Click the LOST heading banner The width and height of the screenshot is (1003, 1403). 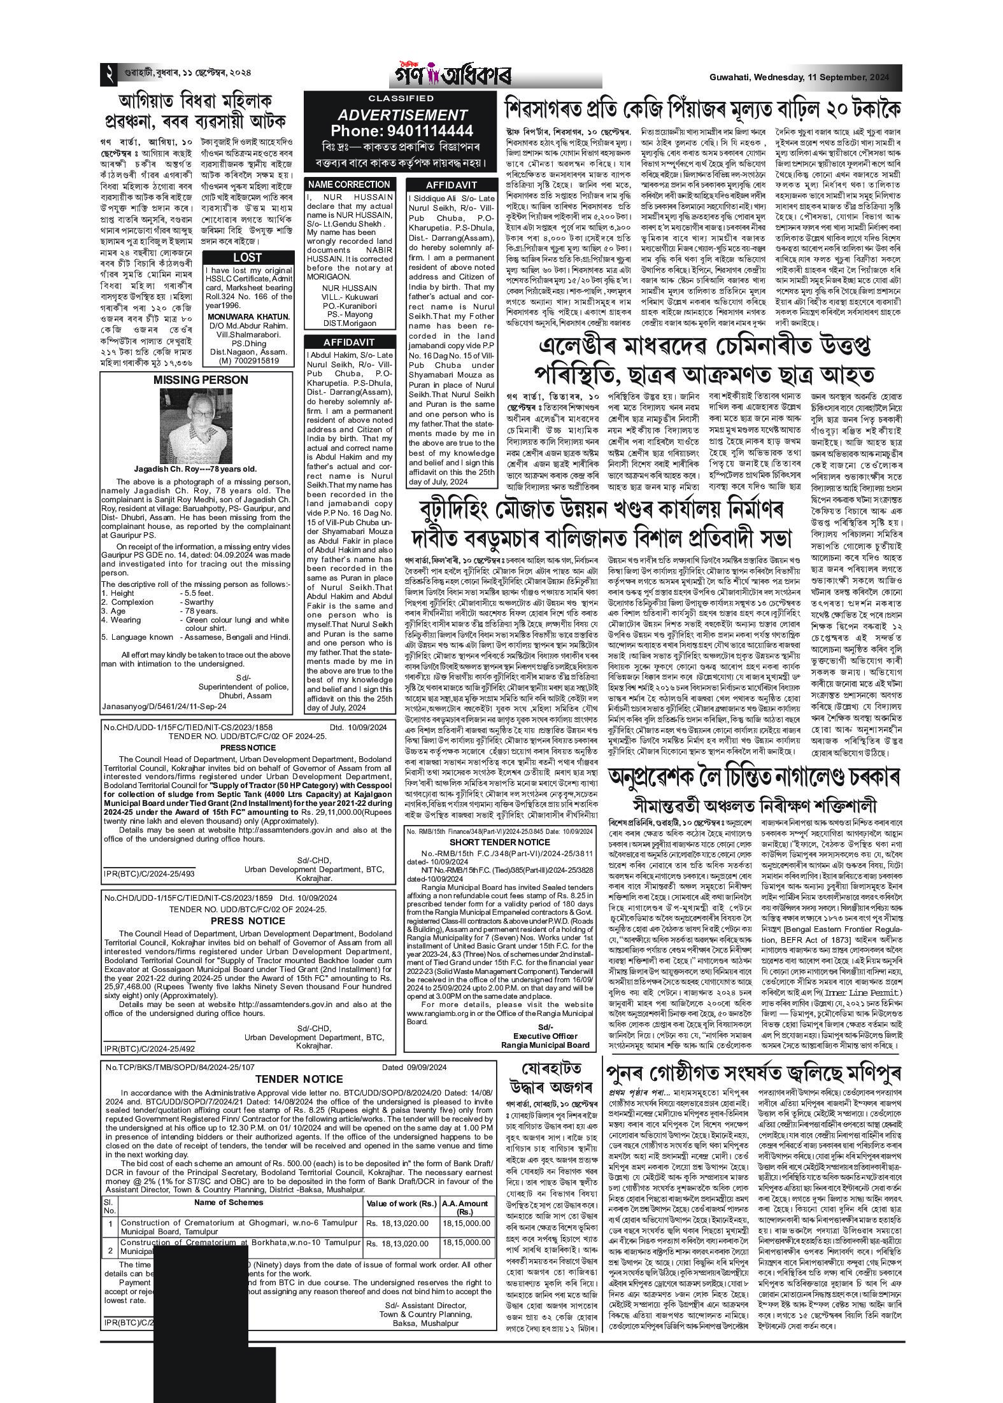click(x=248, y=257)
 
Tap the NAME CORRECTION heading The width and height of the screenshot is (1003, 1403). click(x=348, y=185)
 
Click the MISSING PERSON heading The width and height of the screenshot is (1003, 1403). click(x=201, y=380)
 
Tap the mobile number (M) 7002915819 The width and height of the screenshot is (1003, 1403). click(x=248, y=361)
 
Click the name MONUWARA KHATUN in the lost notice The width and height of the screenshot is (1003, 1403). click(x=248, y=316)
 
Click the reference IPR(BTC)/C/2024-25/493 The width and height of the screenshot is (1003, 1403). click(x=150, y=875)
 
